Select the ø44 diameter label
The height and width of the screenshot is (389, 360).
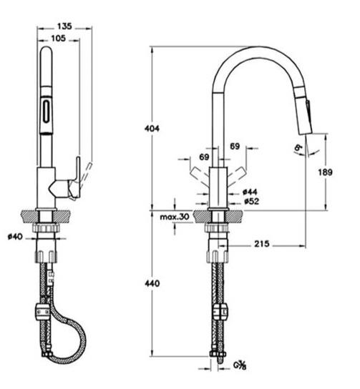point(250,192)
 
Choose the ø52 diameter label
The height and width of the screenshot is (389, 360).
point(250,202)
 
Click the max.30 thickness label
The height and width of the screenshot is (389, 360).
point(174,217)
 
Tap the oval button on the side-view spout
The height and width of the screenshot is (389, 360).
point(47,112)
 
